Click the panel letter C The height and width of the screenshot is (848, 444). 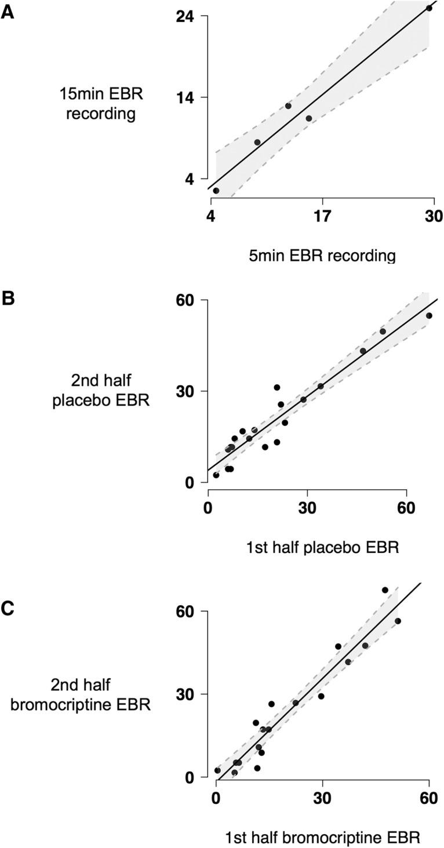pos(8,610)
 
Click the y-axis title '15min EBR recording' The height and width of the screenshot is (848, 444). pos(100,103)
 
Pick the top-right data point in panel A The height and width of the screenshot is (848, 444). pos(429,8)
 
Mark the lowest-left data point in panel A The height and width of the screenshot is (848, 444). pos(216,191)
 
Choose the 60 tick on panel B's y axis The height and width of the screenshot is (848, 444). pos(189,300)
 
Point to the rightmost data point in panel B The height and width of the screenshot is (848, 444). pos(429,316)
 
